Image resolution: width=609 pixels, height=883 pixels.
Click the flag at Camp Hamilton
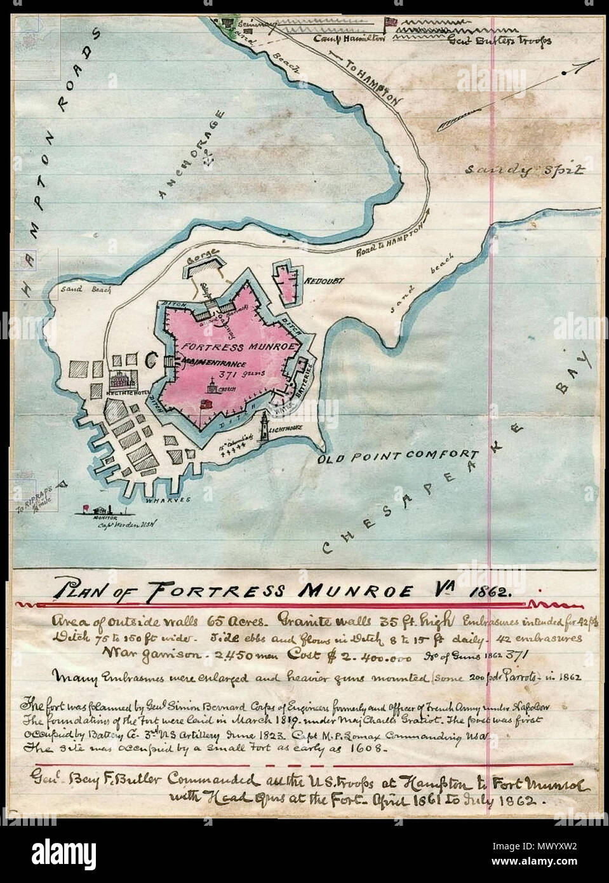pyautogui.click(x=389, y=22)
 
